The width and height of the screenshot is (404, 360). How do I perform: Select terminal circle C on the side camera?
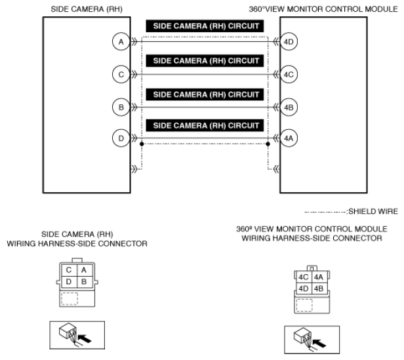(120, 75)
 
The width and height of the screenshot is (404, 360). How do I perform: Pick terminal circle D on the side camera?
(120, 139)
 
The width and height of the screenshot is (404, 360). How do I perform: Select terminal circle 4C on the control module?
(289, 75)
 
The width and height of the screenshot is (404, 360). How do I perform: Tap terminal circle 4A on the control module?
(289, 139)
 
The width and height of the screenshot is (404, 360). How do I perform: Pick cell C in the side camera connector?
(68, 270)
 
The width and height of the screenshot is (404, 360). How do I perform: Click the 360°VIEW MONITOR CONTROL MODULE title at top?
(321, 9)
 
